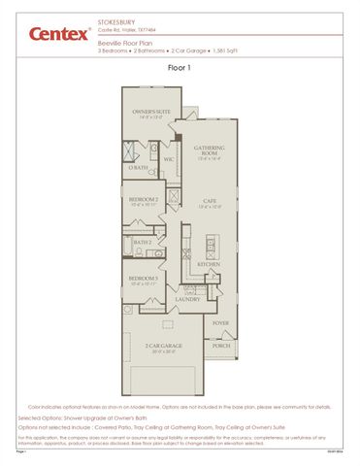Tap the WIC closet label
click(x=168, y=159)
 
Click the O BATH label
click(x=139, y=168)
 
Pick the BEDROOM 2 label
click(x=144, y=200)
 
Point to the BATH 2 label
click(x=143, y=242)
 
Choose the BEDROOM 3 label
click(x=144, y=280)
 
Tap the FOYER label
click(x=221, y=323)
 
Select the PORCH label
click(x=221, y=345)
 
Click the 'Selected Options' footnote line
click(x=107, y=417)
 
